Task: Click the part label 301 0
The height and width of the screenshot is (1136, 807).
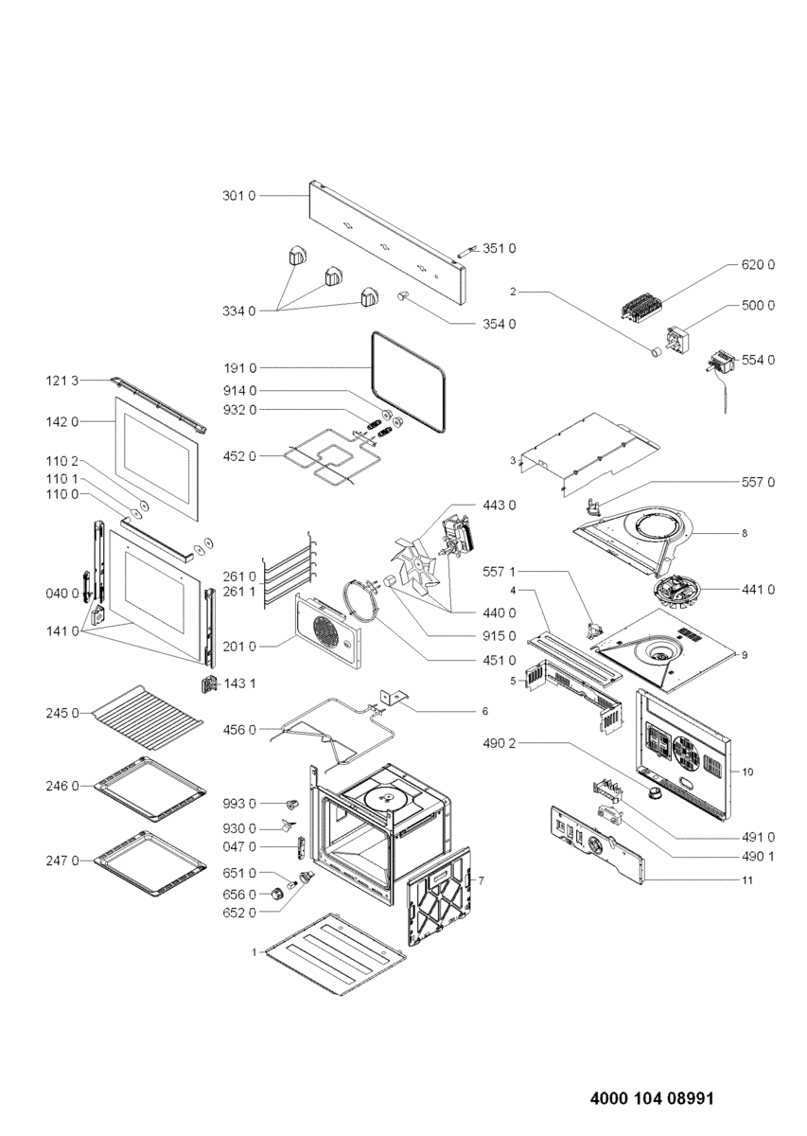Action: point(238,195)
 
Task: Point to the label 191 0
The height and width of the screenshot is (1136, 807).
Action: point(238,367)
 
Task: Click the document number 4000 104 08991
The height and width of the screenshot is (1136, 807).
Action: point(651,1100)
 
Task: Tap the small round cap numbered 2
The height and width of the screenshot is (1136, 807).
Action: point(652,352)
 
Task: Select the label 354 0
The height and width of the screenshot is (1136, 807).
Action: point(499,325)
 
